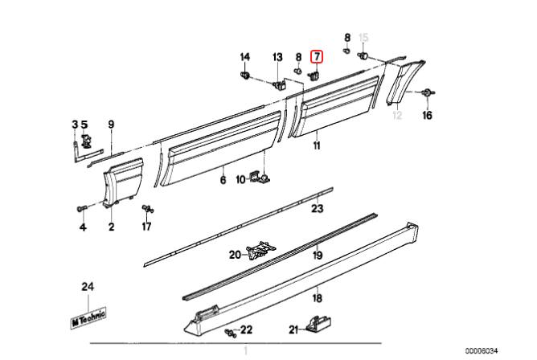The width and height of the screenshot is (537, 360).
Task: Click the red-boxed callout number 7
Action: (317, 56)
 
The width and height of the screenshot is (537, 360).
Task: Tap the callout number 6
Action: (223, 180)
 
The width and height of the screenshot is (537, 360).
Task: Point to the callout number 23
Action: (317, 209)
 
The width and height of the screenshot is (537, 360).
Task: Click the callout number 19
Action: (317, 256)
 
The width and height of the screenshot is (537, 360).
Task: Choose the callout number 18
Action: (317, 297)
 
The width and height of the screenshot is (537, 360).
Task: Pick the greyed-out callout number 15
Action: (363, 38)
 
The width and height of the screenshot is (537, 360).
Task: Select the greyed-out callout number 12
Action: (396, 116)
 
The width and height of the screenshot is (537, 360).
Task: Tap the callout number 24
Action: (87, 287)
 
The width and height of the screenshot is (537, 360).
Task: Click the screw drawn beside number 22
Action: (232, 331)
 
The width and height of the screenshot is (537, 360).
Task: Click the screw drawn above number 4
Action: (81, 209)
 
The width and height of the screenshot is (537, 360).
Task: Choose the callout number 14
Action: (245, 56)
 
